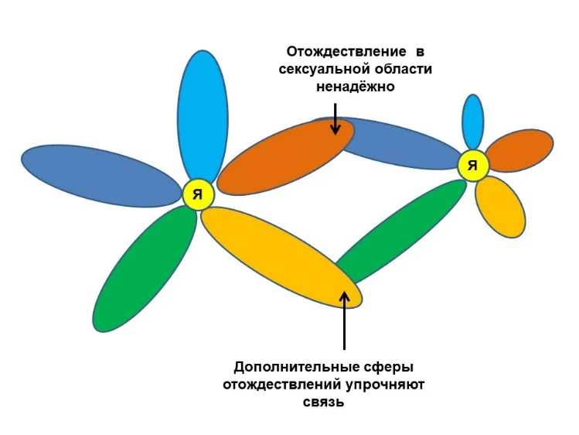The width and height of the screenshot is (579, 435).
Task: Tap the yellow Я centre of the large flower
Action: [x=199, y=195]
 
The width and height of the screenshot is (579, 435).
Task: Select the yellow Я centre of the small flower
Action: [x=472, y=165]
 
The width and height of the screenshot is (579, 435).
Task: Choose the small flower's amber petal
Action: [x=499, y=205]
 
